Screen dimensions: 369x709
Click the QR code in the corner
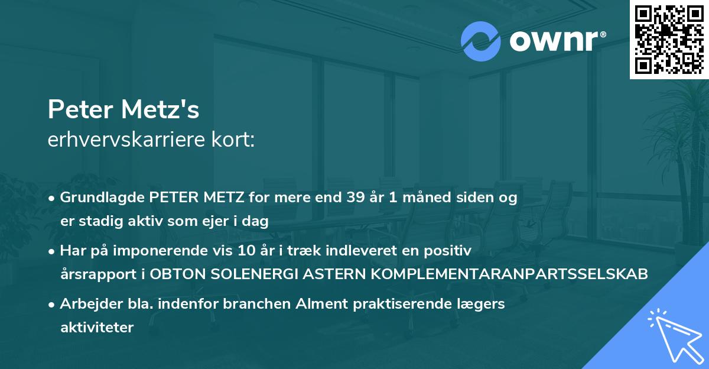[x=669, y=40]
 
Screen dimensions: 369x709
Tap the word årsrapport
[x=93, y=274]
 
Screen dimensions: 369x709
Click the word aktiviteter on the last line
[x=97, y=328]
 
